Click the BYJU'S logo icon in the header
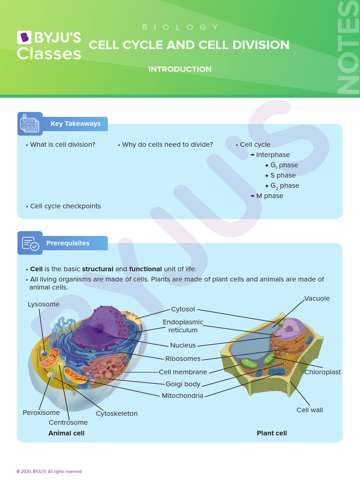coord(23,37)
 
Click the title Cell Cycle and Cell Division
coord(189,45)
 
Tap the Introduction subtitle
coord(180,69)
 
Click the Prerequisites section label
coord(67,243)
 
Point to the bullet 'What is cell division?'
coord(62,145)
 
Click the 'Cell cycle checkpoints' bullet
coord(65,206)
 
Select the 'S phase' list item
coord(283,175)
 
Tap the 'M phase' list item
coord(270,196)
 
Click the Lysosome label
coord(44,304)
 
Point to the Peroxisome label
coord(41,413)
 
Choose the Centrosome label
coord(68,422)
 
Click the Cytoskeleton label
coord(117,413)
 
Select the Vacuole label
coord(317,299)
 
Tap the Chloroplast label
coord(322,372)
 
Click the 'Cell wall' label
coord(309,410)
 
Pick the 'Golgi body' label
coord(183,384)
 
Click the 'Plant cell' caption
coord(272,433)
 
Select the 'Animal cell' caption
coord(67,433)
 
